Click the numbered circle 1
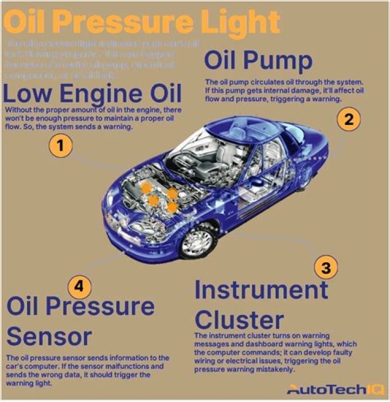(x=61, y=147)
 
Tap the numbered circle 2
(x=348, y=120)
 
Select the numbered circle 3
(x=326, y=267)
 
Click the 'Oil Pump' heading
(x=258, y=61)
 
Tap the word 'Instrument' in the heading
(x=261, y=291)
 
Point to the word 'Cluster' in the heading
(x=239, y=319)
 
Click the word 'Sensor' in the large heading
(x=49, y=337)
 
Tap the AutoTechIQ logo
(x=336, y=389)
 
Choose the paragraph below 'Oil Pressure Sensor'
(x=87, y=371)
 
